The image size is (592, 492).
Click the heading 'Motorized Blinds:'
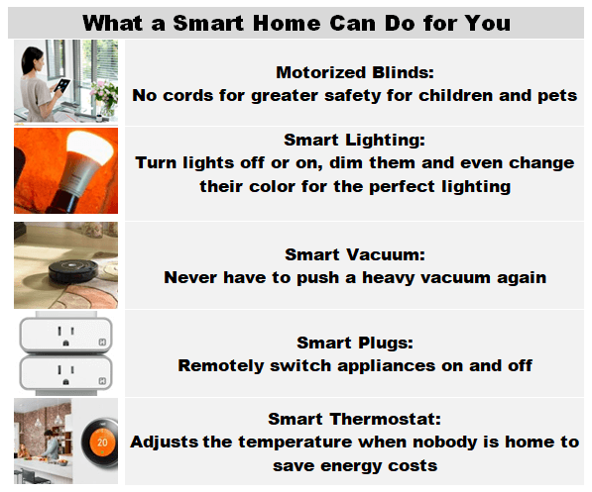(x=355, y=72)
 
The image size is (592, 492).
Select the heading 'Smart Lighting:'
(x=355, y=140)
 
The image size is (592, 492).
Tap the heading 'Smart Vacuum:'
(x=355, y=254)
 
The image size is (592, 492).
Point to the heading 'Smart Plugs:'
(x=355, y=343)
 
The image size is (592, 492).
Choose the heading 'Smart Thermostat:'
(x=355, y=419)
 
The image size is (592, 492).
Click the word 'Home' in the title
(x=287, y=23)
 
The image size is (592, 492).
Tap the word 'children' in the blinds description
(x=456, y=95)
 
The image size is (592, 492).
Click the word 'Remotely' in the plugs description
(x=220, y=365)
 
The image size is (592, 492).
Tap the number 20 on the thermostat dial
(x=102, y=443)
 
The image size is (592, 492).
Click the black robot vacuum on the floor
(x=73, y=270)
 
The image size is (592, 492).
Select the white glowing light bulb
(x=90, y=148)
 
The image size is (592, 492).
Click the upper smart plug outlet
(x=66, y=335)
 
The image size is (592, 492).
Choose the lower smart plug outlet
(x=66, y=373)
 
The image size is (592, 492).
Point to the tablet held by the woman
(x=61, y=85)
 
